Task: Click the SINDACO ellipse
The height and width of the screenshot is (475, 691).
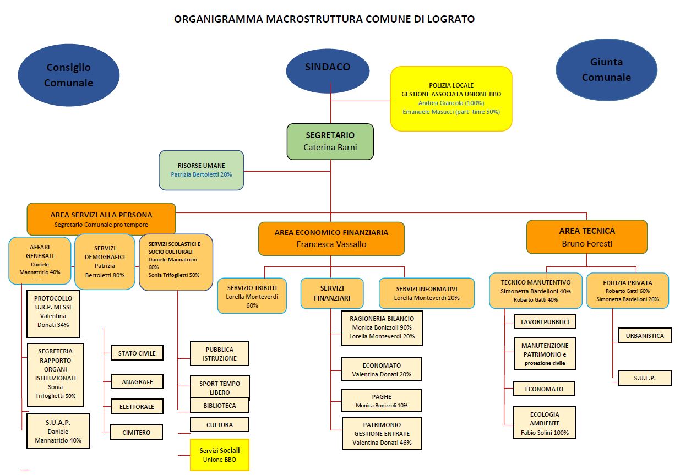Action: coord(328,67)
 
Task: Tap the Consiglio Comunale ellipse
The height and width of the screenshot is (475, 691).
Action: coord(68,75)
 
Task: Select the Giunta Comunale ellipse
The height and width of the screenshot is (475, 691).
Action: coord(606,69)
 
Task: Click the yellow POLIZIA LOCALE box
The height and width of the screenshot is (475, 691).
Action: coord(451,99)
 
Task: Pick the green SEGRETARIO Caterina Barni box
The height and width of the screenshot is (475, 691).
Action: coord(330,141)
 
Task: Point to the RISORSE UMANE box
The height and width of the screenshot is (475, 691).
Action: coord(201,170)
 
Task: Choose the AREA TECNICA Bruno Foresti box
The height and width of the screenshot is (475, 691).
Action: coord(586,237)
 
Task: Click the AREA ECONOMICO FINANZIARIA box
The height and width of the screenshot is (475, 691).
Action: coord(331,238)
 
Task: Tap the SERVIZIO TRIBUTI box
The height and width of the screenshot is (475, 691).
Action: coord(252,296)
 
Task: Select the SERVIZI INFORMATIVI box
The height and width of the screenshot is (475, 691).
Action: coord(426,293)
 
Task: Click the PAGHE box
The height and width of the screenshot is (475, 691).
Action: coord(382,401)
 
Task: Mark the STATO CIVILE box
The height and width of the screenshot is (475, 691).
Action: coord(137,353)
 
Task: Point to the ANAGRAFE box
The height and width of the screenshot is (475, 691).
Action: coord(137,381)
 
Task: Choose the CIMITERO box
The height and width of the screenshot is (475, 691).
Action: coord(137,433)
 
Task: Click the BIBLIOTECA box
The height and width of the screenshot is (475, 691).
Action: coord(219,406)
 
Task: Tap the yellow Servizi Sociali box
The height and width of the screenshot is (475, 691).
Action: coord(219,455)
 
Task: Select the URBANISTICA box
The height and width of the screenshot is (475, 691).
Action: coord(644,335)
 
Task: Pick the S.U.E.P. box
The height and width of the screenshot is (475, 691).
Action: coord(644,378)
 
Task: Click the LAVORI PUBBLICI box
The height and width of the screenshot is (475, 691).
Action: coord(545,322)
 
